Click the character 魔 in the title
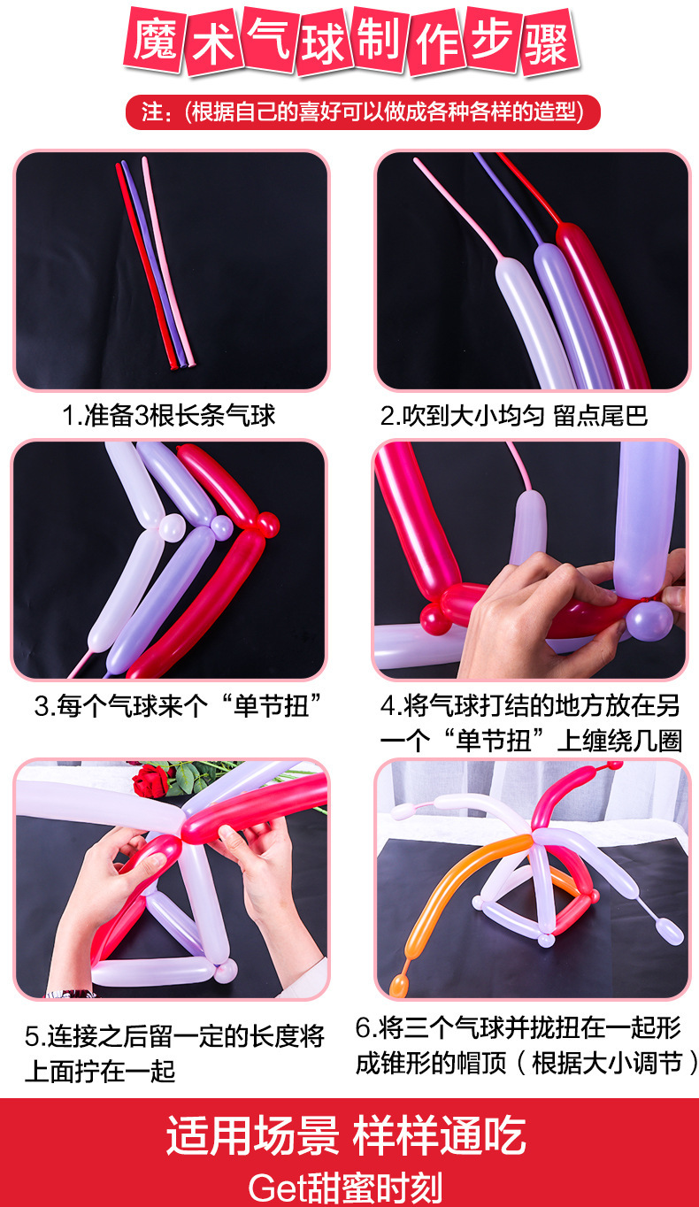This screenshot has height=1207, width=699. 155,42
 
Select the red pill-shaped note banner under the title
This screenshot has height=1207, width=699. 363,112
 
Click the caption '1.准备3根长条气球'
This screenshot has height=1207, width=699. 169,415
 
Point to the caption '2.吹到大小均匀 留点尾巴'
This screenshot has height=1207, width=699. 514,415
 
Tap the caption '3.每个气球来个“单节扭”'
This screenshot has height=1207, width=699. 178,705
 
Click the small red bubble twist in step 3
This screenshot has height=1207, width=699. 267,524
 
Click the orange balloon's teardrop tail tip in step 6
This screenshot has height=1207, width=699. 399,985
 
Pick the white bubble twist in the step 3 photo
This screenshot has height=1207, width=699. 172,528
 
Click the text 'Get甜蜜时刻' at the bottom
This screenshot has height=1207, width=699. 345,1187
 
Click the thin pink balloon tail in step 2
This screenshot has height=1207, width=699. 458,210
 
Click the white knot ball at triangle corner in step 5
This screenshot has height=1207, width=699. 226,970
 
